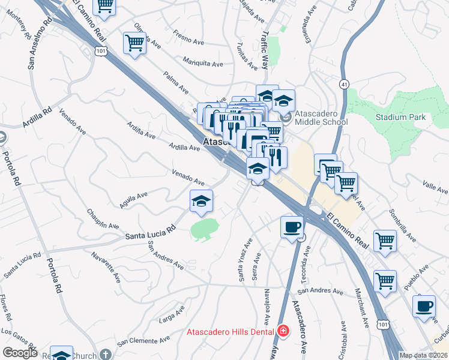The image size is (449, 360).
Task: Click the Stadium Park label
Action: point(400,117)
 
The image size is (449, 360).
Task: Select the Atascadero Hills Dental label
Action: point(230,331)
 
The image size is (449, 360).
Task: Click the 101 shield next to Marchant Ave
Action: point(382,324)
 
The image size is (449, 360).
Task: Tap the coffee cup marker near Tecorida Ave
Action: point(292,227)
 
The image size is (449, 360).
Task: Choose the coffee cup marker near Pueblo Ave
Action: point(424,306)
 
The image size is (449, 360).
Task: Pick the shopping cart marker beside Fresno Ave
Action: point(135,43)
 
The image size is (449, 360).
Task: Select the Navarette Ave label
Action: point(107,264)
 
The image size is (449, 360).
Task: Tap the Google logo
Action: point(20,353)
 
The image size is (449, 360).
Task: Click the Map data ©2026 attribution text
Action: point(424,355)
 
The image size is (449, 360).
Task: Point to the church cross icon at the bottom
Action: point(106,355)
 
